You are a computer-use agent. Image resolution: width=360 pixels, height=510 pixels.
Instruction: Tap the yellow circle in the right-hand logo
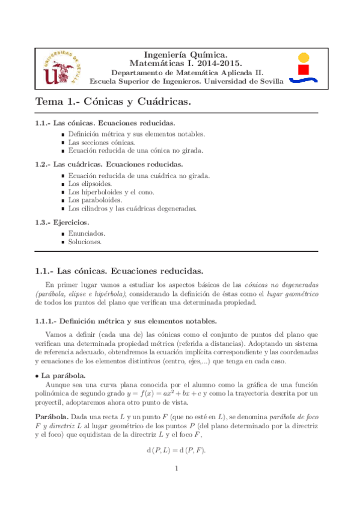pos(304,58)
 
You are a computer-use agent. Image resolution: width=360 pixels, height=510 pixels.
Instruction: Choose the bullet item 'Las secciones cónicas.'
pos(101,143)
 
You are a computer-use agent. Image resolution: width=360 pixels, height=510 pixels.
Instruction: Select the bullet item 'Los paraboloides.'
pos(95,200)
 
